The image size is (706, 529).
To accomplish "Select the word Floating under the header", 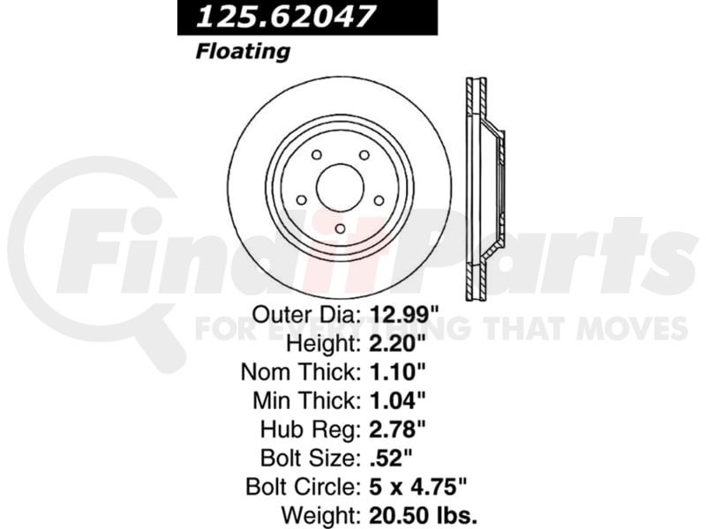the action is pos(243,51).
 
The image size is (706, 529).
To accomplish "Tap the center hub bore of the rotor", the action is pos(340,187).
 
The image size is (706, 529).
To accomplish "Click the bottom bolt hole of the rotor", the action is pos(341,228).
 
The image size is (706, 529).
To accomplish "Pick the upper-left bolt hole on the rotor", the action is pos(317,155).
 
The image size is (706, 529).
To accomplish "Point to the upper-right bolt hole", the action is pos(364,155).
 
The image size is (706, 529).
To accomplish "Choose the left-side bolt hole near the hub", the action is pos(302,200).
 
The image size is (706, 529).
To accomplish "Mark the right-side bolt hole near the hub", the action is pos(379,200).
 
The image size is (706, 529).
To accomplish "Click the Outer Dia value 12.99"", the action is pos(404,316).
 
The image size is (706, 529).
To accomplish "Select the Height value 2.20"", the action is pos(397,344).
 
